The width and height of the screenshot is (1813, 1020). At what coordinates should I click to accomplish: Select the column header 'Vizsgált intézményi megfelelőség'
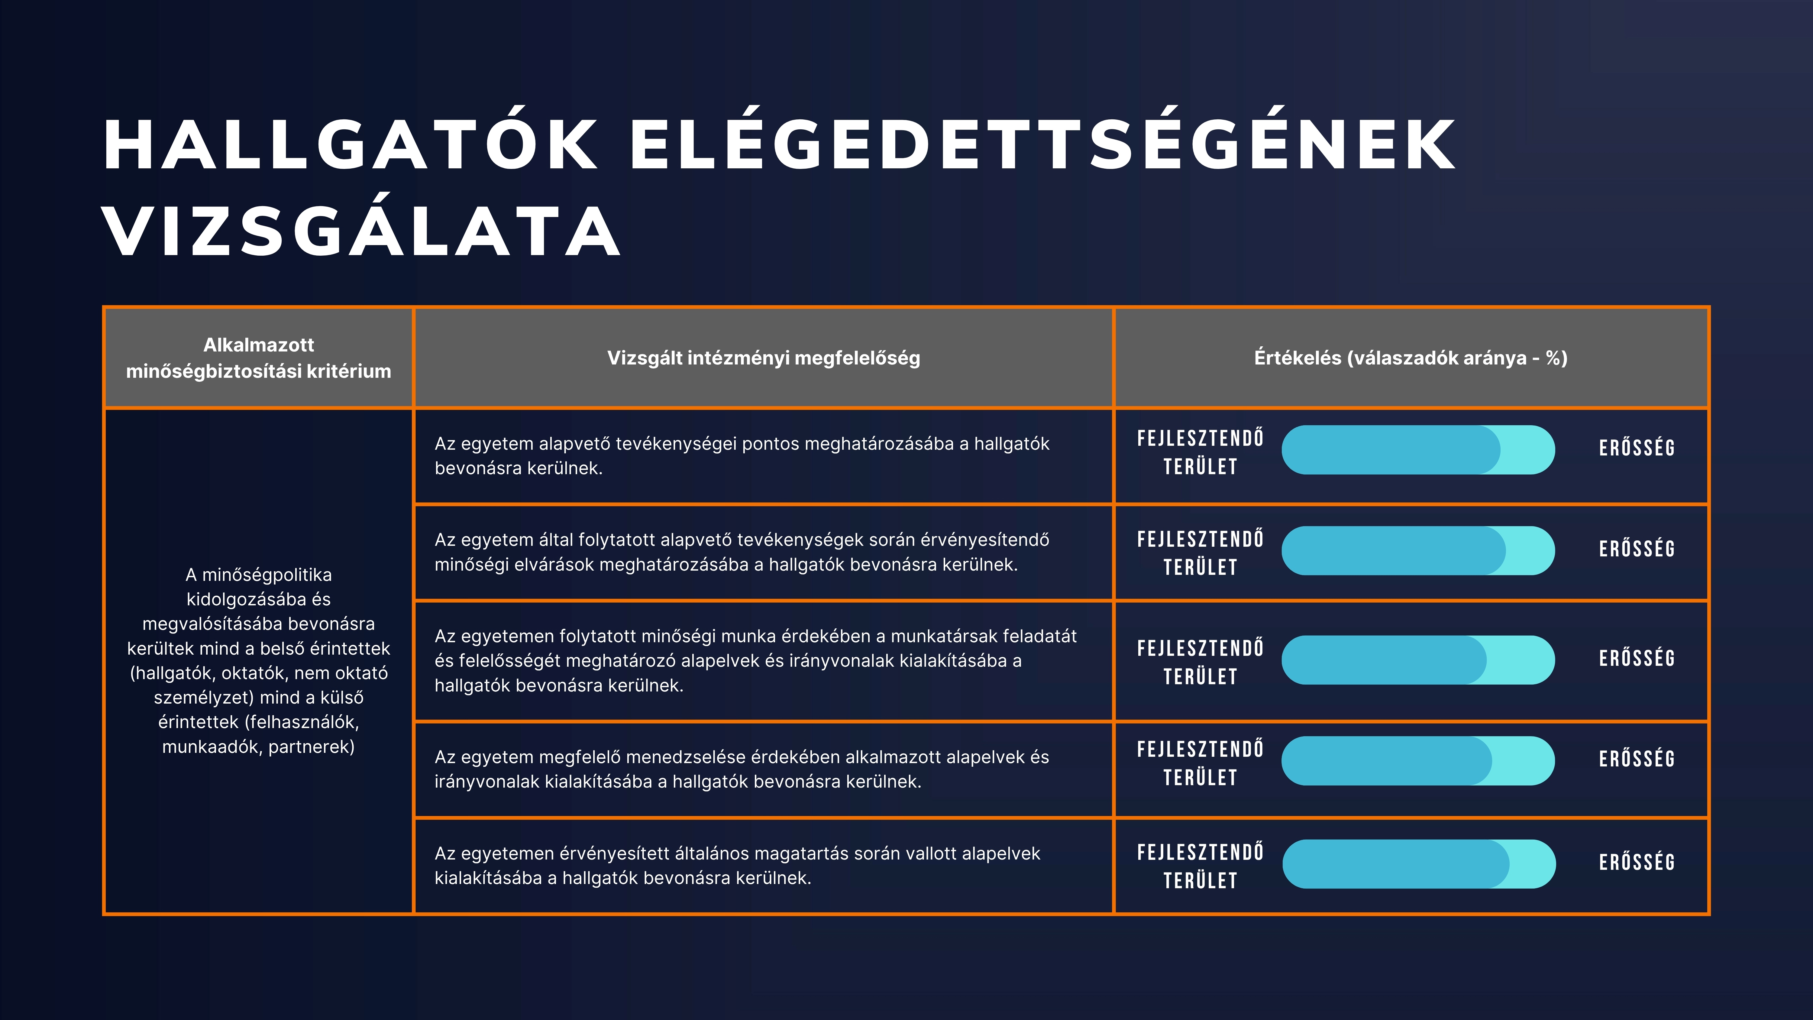pyautogui.click(x=764, y=358)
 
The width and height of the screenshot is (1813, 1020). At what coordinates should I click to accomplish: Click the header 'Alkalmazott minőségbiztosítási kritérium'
pyautogui.click(x=258, y=358)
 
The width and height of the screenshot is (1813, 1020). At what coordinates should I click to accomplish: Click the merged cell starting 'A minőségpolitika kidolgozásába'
pyautogui.click(x=258, y=660)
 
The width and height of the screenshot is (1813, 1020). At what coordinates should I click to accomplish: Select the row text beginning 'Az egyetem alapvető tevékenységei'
pyautogui.click(x=742, y=455)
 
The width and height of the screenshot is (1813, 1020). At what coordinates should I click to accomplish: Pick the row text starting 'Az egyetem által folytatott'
pyautogui.click(x=742, y=552)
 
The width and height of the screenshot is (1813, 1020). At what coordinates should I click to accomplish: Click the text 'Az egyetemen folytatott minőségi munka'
pyautogui.click(x=755, y=660)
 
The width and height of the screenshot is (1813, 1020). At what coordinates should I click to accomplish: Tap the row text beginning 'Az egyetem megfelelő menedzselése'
pyautogui.click(x=742, y=769)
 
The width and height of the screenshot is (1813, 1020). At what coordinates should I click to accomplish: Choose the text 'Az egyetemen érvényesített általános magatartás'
pyautogui.click(x=737, y=865)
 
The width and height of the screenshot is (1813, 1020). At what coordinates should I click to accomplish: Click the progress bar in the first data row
pyautogui.click(x=1418, y=450)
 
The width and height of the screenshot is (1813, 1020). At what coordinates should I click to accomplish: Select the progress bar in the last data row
pyautogui.click(x=1419, y=864)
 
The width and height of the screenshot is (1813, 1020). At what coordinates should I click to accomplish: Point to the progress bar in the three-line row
pyautogui.click(x=1418, y=659)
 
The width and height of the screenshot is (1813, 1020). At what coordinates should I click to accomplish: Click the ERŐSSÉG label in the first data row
pyautogui.click(x=1637, y=448)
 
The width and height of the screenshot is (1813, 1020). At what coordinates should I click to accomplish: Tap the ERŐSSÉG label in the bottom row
pyautogui.click(x=1637, y=862)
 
